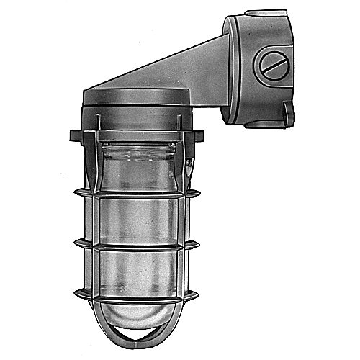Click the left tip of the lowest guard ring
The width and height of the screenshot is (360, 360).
tap(76, 295)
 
